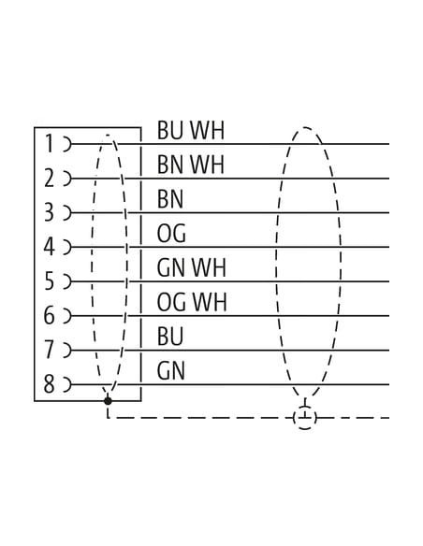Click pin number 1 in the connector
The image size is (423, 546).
pyautogui.click(x=50, y=143)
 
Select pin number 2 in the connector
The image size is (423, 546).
pyautogui.click(x=49, y=178)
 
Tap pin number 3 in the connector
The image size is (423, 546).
pyautogui.click(x=49, y=212)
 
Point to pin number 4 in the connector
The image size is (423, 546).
pyautogui.click(x=49, y=247)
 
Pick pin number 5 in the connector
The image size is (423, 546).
pyautogui.click(x=50, y=281)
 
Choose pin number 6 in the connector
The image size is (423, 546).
pyautogui.click(x=49, y=315)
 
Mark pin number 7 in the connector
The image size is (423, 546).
pyautogui.click(x=50, y=350)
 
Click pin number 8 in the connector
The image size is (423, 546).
pyautogui.click(x=49, y=384)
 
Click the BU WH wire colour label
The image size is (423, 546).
pyautogui.click(x=191, y=131)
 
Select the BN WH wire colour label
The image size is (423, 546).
pyautogui.click(x=191, y=165)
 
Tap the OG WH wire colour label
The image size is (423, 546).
pyautogui.click(x=192, y=302)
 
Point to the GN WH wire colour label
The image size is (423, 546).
pyautogui.click(x=191, y=267)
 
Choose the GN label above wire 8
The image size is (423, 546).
pyautogui.click(x=170, y=370)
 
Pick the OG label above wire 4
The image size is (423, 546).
pyautogui.click(x=171, y=234)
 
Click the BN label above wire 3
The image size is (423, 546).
pyautogui.click(x=170, y=199)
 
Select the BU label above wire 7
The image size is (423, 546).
pyautogui.click(x=170, y=337)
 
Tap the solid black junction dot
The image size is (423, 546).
pyautogui.click(x=108, y=401)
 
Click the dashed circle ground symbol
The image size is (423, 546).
pyautogui.click(x=305, y=417)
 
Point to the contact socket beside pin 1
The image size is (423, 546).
pyautogui.click(x=66, y=144)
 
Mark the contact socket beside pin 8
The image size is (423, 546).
pyautogui.click(x=66, y=384)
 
